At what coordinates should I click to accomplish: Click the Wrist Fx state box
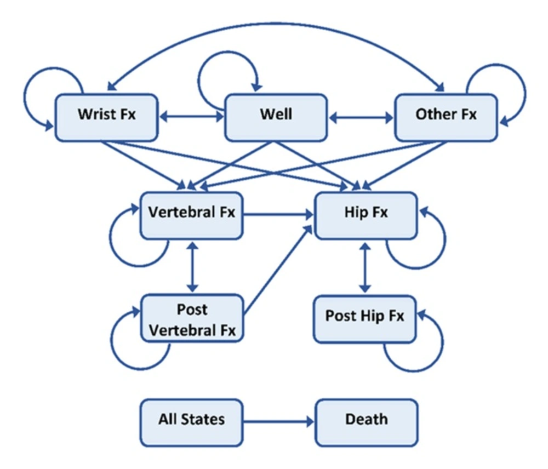coord(107,117)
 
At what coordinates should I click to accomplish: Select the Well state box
coord(276,117)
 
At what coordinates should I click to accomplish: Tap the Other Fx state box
coord(446,117)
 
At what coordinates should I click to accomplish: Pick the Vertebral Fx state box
coord(191,215)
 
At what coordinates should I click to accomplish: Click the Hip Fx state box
coord(366,215)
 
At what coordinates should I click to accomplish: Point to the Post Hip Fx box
coord(365,319)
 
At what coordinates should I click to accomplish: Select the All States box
coord(191,422)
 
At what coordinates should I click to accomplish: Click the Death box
coord(367,422)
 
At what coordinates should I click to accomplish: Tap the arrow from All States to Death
coord(279,422)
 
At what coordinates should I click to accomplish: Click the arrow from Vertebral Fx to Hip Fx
coord(278,214)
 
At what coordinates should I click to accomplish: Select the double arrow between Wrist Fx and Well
coord(191,117)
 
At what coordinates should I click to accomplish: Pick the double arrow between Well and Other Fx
coord(361,118)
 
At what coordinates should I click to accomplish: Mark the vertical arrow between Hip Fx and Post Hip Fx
coord(365,268)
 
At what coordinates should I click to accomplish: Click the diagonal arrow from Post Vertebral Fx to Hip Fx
coord(278,268)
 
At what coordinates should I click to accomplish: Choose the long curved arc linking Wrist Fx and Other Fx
coord(276,24)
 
